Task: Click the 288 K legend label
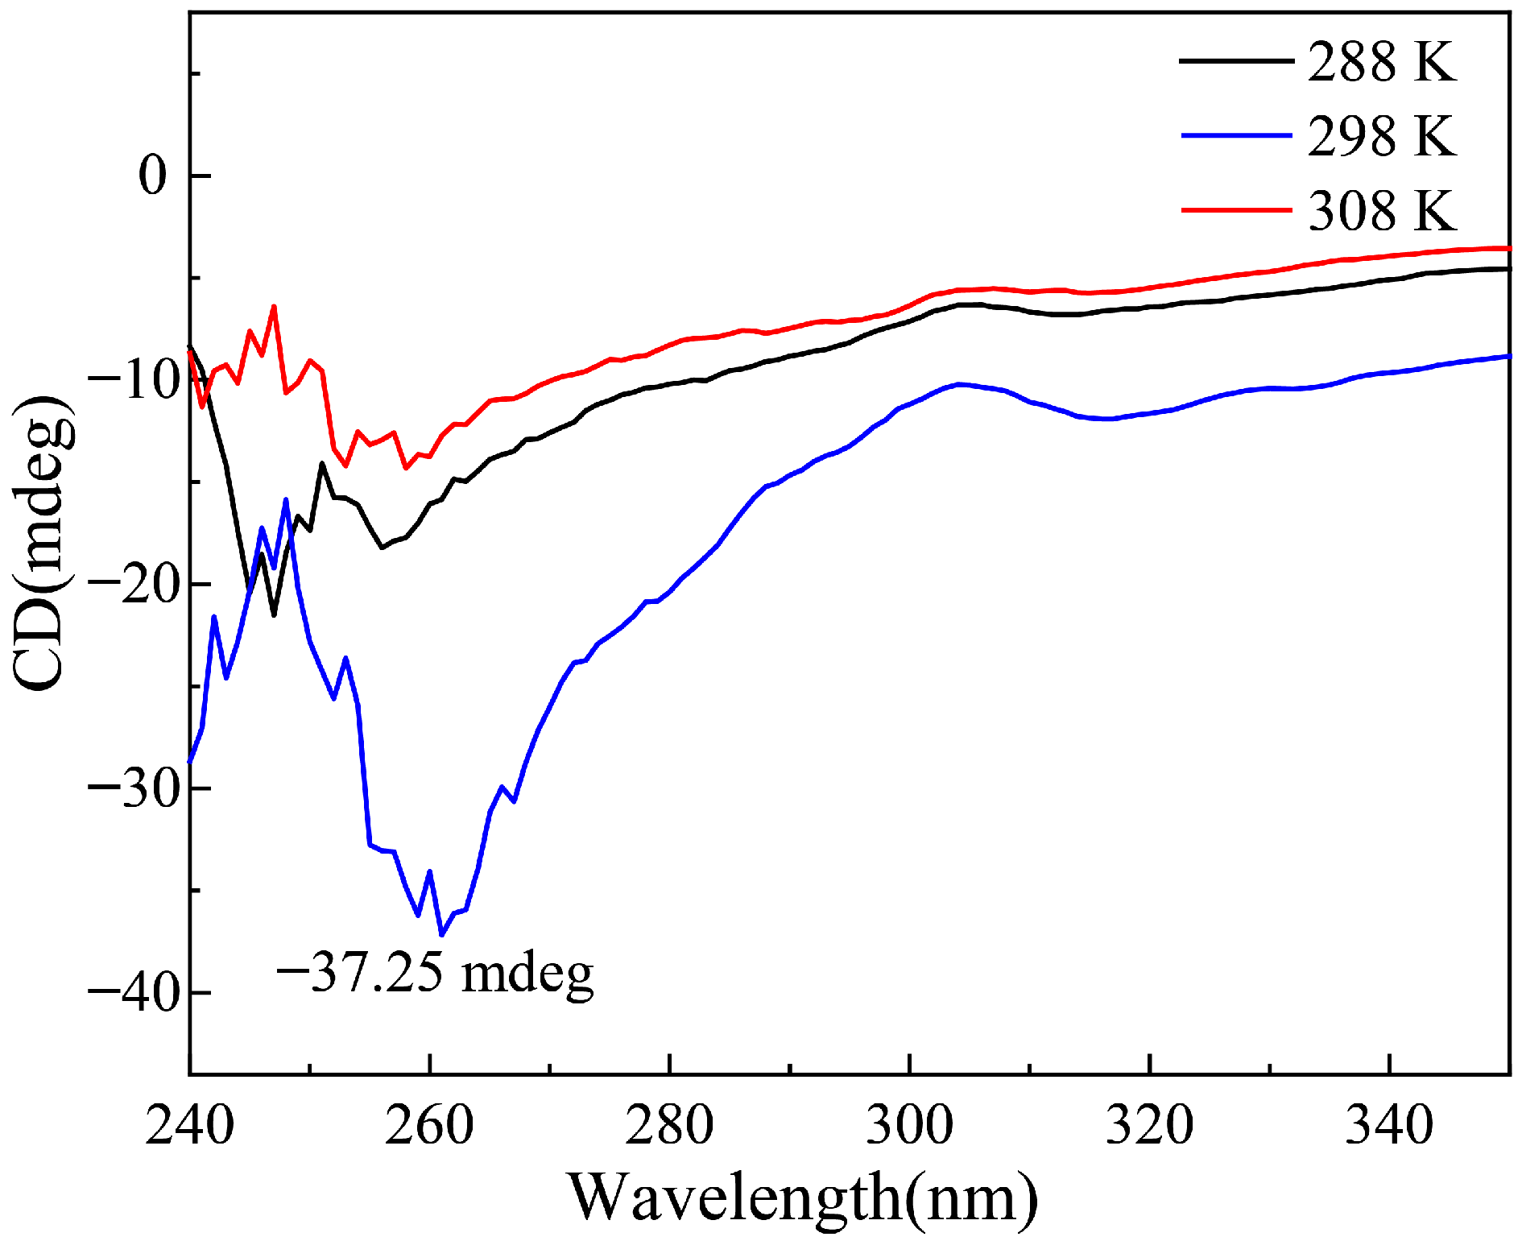1381,62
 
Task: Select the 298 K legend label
1381,136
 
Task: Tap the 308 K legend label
1381,211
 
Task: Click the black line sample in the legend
1236,60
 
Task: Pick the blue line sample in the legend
1236,135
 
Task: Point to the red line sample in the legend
1236,209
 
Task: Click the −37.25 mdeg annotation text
435,973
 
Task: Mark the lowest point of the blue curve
441,935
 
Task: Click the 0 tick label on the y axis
152,176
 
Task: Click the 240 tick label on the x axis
190,1124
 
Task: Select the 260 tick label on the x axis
429,1124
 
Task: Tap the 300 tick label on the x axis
909,1124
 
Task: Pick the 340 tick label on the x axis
1389,1124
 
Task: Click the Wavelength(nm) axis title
803,1198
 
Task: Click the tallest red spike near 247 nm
274,307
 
